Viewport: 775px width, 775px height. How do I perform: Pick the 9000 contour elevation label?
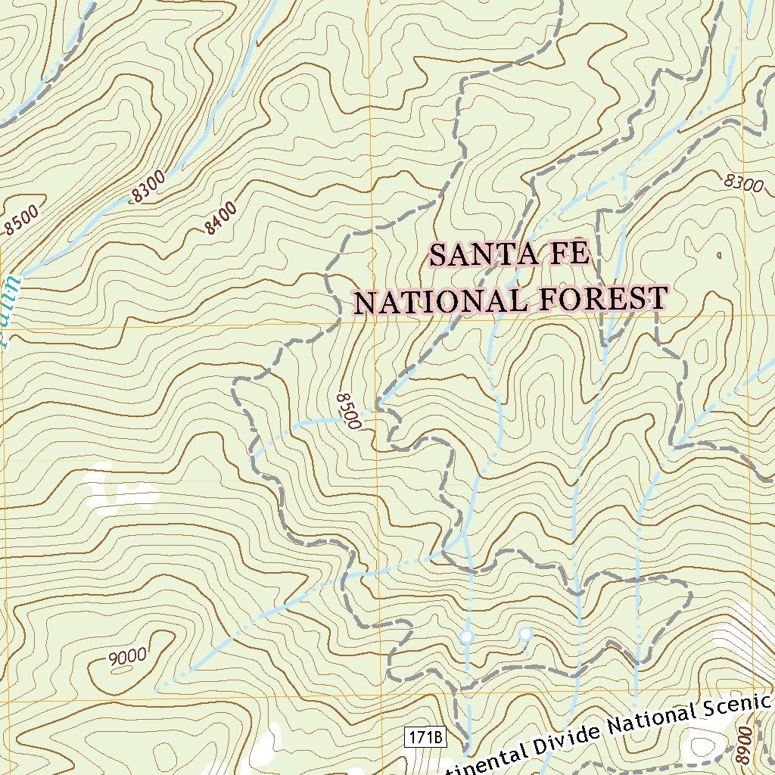128,658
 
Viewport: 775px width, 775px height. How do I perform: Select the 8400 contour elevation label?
221,218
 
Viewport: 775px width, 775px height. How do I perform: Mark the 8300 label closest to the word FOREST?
742,182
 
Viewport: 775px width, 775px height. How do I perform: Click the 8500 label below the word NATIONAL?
347,411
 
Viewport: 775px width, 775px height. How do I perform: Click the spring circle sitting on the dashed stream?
467,637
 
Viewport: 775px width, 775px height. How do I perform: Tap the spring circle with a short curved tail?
525,633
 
